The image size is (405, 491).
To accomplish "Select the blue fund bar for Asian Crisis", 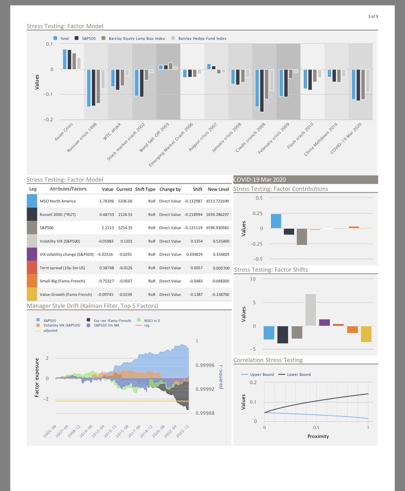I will [65, 59].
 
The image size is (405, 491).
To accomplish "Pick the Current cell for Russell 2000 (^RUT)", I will [124, 214].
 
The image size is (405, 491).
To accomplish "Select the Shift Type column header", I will [145, 189].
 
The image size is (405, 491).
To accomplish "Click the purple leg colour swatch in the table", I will [32, 254].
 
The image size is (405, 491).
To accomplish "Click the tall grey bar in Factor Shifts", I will [310, 310].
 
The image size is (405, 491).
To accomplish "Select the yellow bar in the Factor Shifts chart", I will [366, 334].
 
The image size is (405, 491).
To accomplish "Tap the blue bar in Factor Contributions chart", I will [276, 221].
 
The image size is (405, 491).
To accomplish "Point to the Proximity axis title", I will [318, 436].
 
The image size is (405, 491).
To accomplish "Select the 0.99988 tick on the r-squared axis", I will [205, 413].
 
